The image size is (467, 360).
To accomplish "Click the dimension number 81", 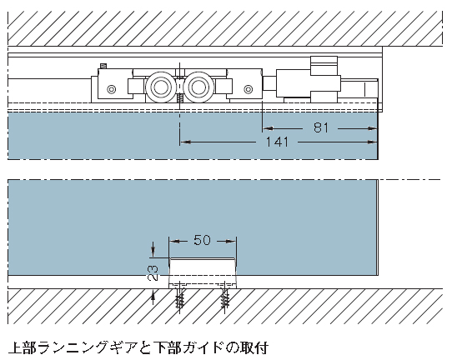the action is pos(321,127).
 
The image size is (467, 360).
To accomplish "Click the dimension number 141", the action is pos(277,142).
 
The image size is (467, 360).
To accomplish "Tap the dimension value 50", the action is pos(202,240).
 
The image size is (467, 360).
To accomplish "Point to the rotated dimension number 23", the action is pos(153,272).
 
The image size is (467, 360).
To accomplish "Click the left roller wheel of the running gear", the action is pos(160,87).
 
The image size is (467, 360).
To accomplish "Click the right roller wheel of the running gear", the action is pos(198,87).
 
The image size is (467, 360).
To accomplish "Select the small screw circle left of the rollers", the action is pos(112,89).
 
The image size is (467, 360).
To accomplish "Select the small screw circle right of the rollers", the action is pos(249,89).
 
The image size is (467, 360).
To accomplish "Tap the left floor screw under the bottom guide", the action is pos(179,297).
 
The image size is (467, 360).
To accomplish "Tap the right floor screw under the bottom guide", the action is pos(225,297).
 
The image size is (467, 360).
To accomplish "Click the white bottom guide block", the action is pos(203,273).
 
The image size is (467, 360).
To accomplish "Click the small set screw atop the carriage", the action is pos(103,66).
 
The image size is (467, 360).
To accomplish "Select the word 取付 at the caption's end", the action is pos(255,347).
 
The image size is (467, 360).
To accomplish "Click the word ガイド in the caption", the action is pos(203,347).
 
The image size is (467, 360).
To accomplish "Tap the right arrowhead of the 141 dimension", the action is pos(373,142).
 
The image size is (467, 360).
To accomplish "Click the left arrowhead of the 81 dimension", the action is pos(268,128).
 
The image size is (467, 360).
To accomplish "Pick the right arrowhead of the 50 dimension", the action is pos(231,241).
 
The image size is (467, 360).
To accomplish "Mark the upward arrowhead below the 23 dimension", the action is pos(153,296).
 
